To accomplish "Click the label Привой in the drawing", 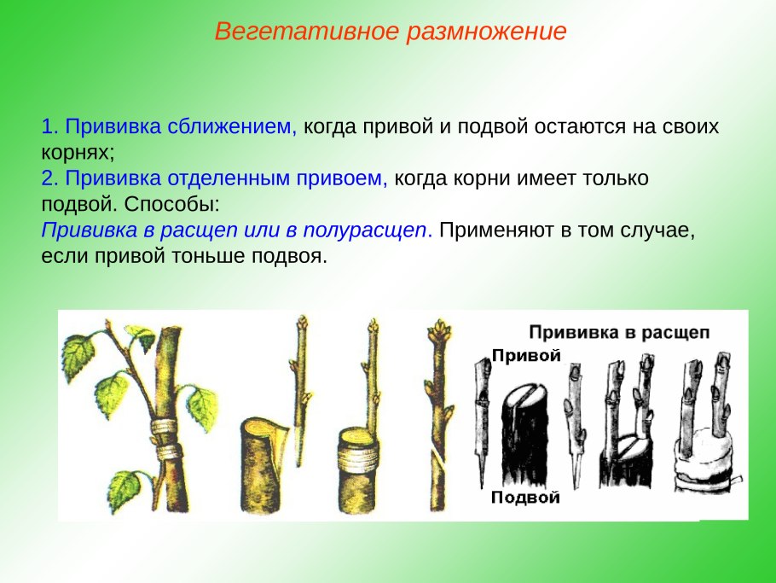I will point(526,356).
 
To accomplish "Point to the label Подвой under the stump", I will point(525,497).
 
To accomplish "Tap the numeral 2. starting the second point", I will point(48,179).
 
